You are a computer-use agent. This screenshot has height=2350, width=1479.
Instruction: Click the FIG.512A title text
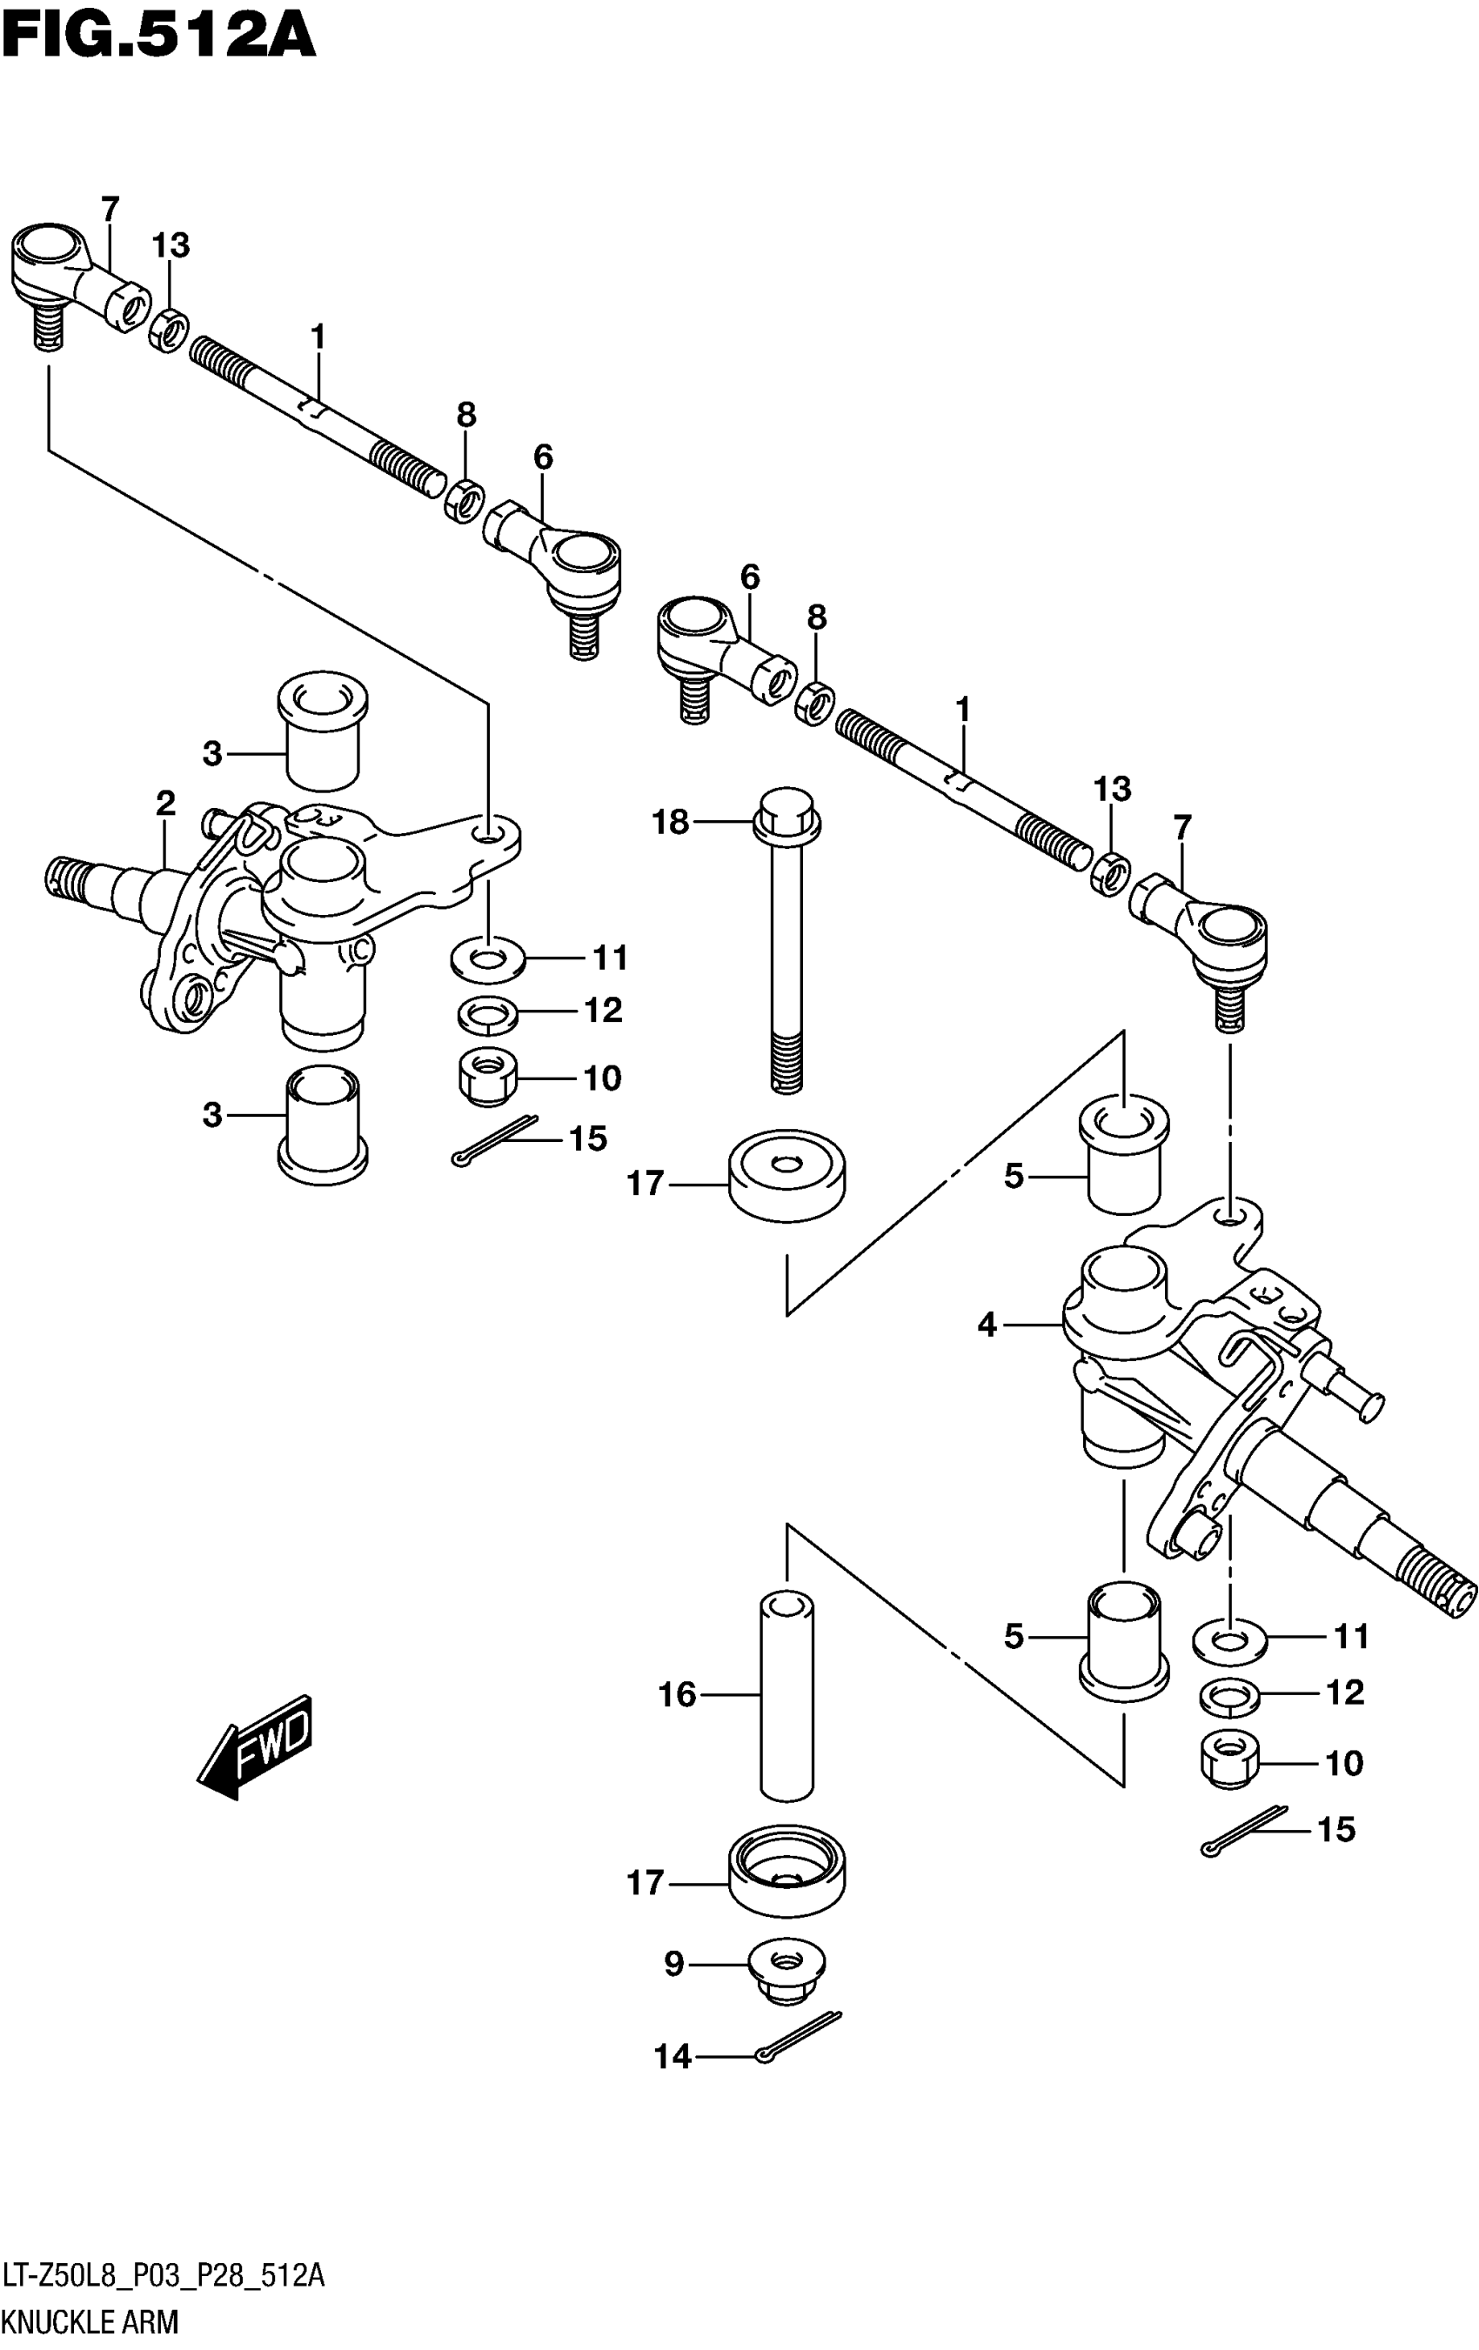[159, 37]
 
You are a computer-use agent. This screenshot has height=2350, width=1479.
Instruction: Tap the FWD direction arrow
[257, 1747]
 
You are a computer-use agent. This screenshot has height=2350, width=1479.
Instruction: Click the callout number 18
[671, 823]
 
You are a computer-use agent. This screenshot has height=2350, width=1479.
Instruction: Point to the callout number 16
[678, 1695]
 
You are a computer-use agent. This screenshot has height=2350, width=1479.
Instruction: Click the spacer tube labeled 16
[786, 1698]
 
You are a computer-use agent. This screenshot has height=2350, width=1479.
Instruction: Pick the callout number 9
[673, 1965]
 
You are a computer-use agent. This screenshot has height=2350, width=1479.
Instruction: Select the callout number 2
[165, 803]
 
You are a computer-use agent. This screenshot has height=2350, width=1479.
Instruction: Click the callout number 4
[987, 1325]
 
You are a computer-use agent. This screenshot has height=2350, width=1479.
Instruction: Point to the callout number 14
[673, 2057]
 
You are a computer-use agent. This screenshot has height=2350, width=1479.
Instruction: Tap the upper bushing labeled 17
[786, 1175]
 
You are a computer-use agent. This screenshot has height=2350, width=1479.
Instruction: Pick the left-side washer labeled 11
[488, 958]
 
